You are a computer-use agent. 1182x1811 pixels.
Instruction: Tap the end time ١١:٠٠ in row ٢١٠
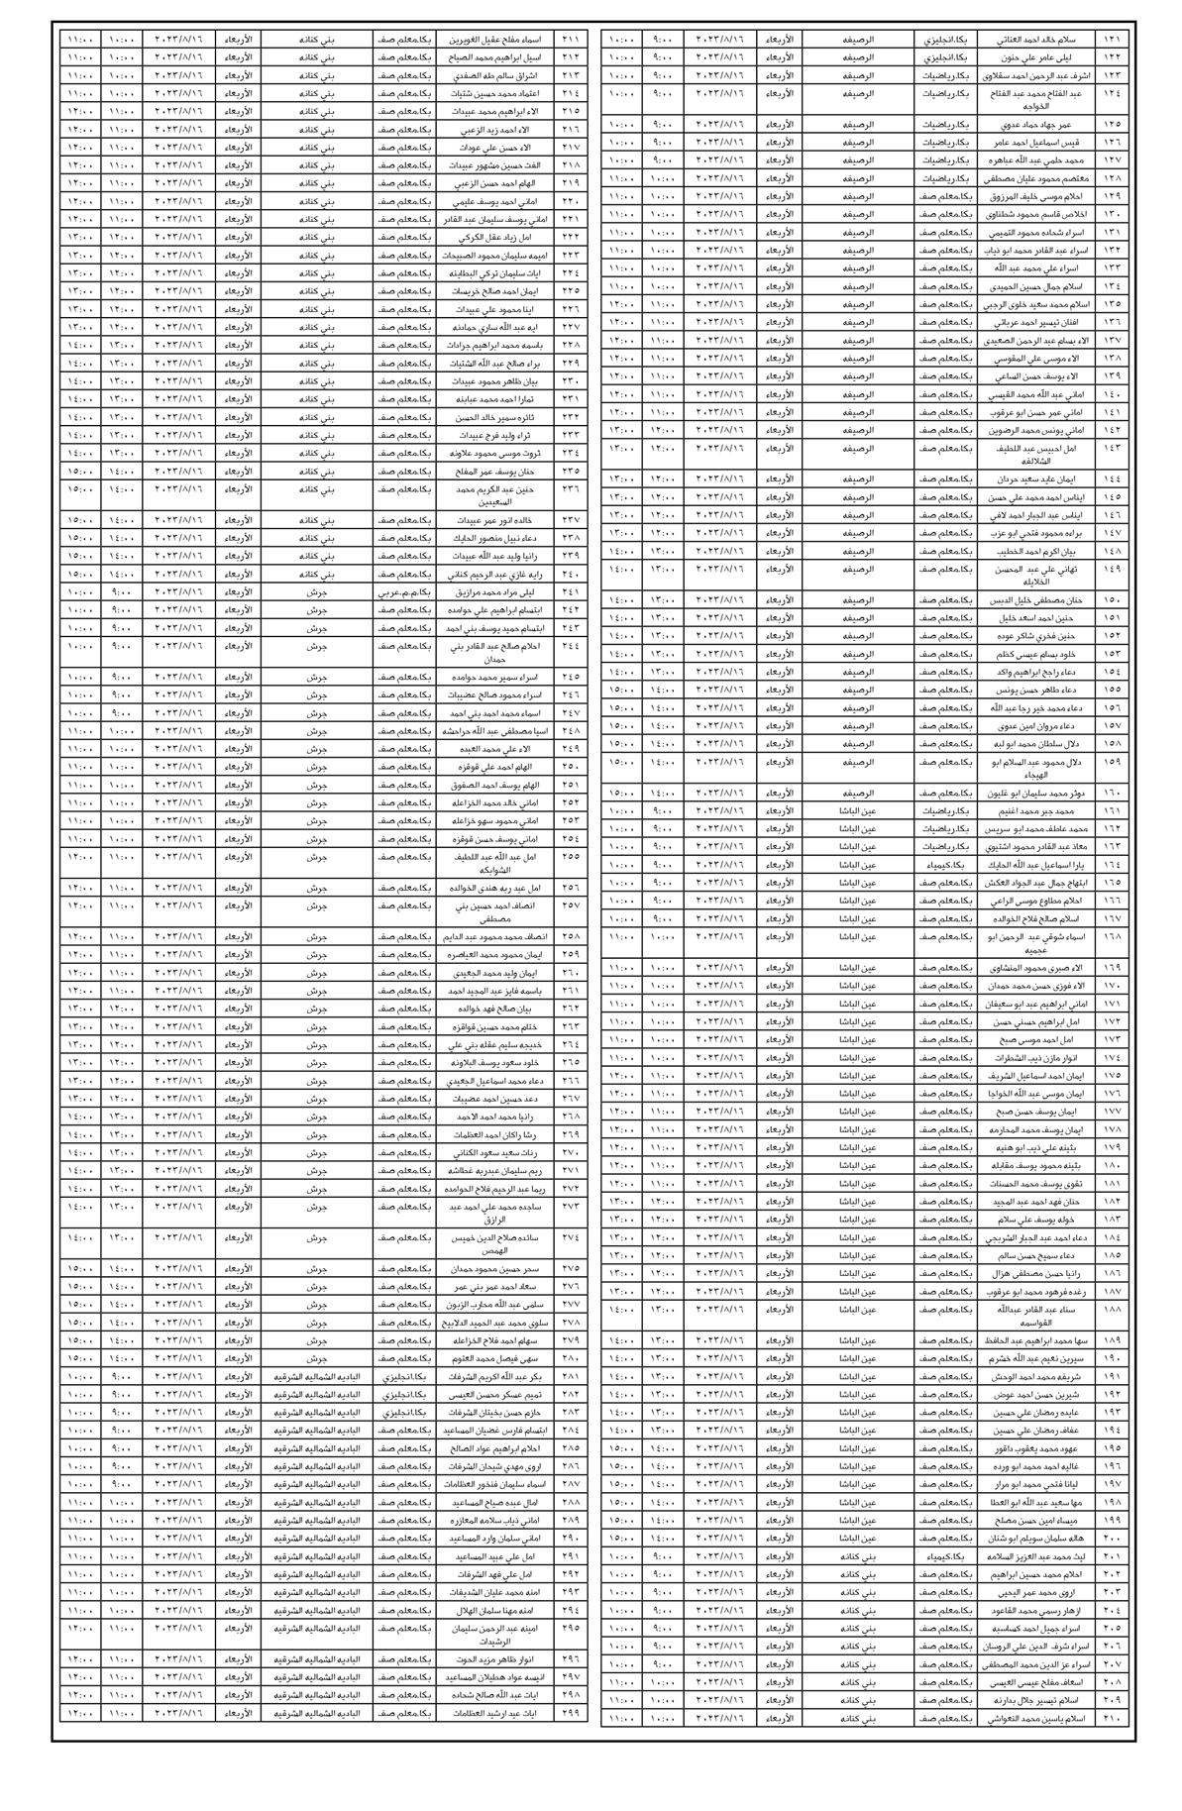pos(622,1719)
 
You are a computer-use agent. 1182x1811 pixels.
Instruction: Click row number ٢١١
pos(571,40)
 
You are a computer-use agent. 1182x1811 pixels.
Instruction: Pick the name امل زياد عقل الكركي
pos(493,238)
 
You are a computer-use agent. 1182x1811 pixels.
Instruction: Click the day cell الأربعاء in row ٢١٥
pos(238,111)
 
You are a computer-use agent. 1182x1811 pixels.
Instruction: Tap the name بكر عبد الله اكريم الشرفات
pos(493,1377)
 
